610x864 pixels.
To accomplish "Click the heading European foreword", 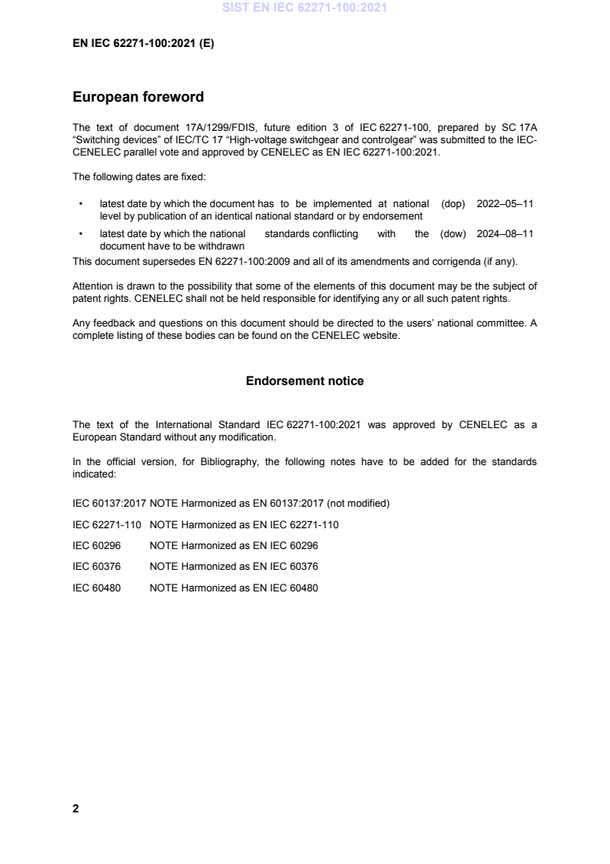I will [138, 98].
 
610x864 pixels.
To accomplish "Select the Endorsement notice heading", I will [305, 381].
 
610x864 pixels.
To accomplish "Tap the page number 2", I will [75, 809].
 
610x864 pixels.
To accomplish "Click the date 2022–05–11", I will [505, 204].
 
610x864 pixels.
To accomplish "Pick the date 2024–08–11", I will [505, 234].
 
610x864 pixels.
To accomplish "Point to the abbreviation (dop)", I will [455, 204].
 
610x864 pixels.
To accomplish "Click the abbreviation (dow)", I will [454, 234].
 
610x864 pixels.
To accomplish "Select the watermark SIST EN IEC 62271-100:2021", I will [305, 8].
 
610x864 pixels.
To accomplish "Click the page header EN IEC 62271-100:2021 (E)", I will [143, 44].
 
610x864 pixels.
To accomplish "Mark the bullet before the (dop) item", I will [81, 205].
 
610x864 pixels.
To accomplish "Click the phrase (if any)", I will [502, 260].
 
